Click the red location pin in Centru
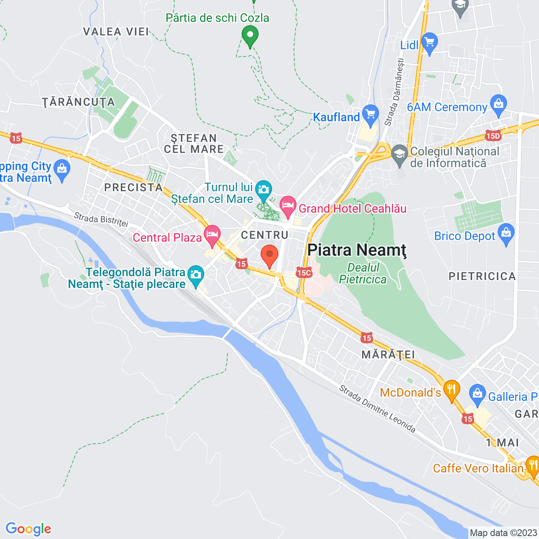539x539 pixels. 269,255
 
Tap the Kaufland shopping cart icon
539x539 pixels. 371,115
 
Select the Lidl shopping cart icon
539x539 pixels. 429,43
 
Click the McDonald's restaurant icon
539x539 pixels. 451,390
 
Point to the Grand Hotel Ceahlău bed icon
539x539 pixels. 288,206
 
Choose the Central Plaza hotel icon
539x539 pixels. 212,235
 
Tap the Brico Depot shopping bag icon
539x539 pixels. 506,234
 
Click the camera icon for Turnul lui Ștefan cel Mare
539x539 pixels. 264,190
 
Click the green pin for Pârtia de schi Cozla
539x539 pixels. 250,35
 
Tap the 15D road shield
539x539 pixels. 493,136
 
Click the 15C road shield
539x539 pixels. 304,272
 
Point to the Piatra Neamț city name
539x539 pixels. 357,250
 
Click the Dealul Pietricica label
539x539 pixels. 363,273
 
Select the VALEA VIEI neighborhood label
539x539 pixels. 116,32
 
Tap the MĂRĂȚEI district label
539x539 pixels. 388,355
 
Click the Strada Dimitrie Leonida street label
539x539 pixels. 377,408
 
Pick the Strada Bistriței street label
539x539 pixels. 101,219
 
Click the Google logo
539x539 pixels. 28,529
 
